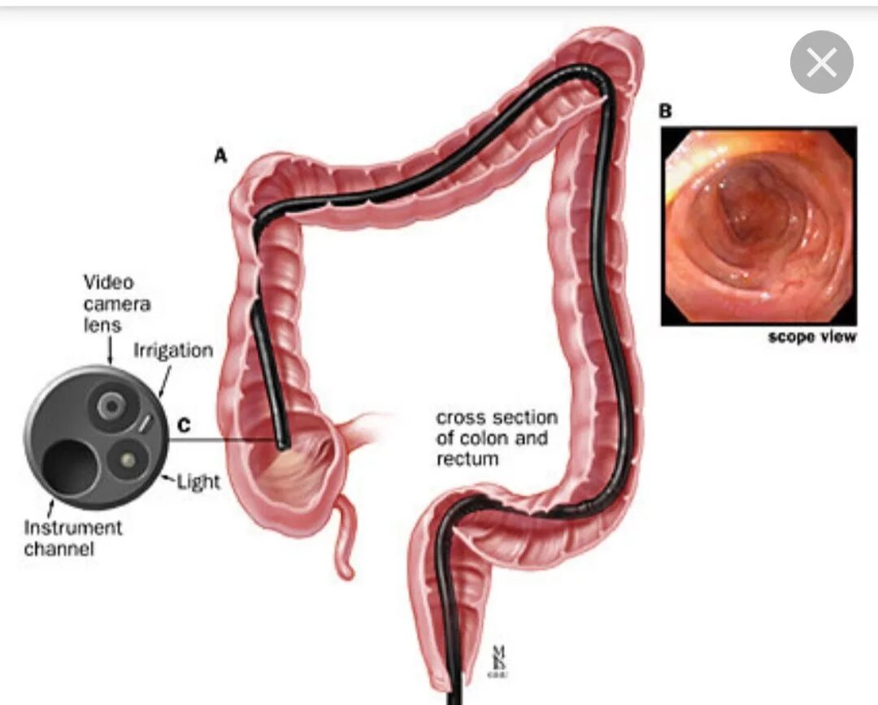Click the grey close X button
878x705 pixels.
[x=821, y=63]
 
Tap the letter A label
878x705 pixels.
[x=220, y=156]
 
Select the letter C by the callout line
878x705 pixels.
[x=185, y=424]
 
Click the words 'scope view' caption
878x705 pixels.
[x=812, y=337]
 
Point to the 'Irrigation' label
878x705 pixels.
[x=173, y=350]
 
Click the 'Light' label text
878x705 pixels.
[x=198, y=481]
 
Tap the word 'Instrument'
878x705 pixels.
[x=73, y=527]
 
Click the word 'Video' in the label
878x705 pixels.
[x=109, y=282]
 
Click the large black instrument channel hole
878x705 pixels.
[x=70, y=466]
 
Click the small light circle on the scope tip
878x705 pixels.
[x=128, y=461]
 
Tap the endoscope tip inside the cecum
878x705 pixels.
[x=282, y=442]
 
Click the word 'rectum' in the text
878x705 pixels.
[x=467, y=459]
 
